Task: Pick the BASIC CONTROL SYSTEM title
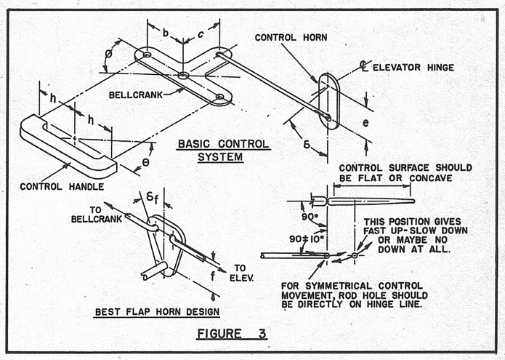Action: tap(223, 150)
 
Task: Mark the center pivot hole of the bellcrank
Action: tap(184, 75)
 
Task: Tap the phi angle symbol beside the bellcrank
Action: tap(109, 55)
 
